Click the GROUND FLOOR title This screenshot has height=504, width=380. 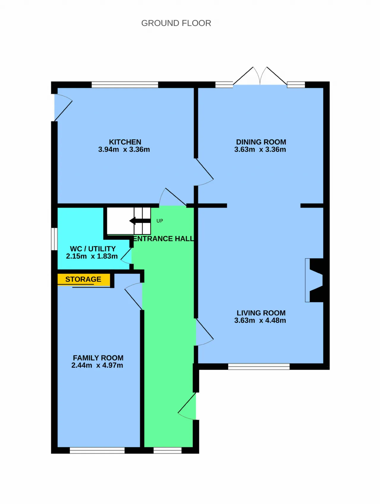(176, 23)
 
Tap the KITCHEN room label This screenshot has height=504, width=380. (125, 142)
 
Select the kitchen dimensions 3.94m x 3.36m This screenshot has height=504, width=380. (124, 149)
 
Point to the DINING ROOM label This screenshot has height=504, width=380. (261, 142)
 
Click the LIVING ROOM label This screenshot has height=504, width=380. (261, 313)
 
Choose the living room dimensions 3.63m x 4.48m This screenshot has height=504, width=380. (260, 320)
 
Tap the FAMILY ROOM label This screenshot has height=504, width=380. (98, 358)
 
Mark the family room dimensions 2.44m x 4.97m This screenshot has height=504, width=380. (97, 365)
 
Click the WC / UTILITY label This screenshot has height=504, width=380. (93, 249)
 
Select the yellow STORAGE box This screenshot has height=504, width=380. (84, 279)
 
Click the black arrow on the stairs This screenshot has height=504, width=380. (140, 221)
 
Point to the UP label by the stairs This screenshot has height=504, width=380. (160, 221)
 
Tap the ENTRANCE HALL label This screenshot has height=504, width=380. (164, 239)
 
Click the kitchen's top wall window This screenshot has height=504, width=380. (125, 85)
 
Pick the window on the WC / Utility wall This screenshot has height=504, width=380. (54, 239)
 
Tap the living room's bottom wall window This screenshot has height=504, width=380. (259, 367)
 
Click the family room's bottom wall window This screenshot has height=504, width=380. (97, 451)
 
